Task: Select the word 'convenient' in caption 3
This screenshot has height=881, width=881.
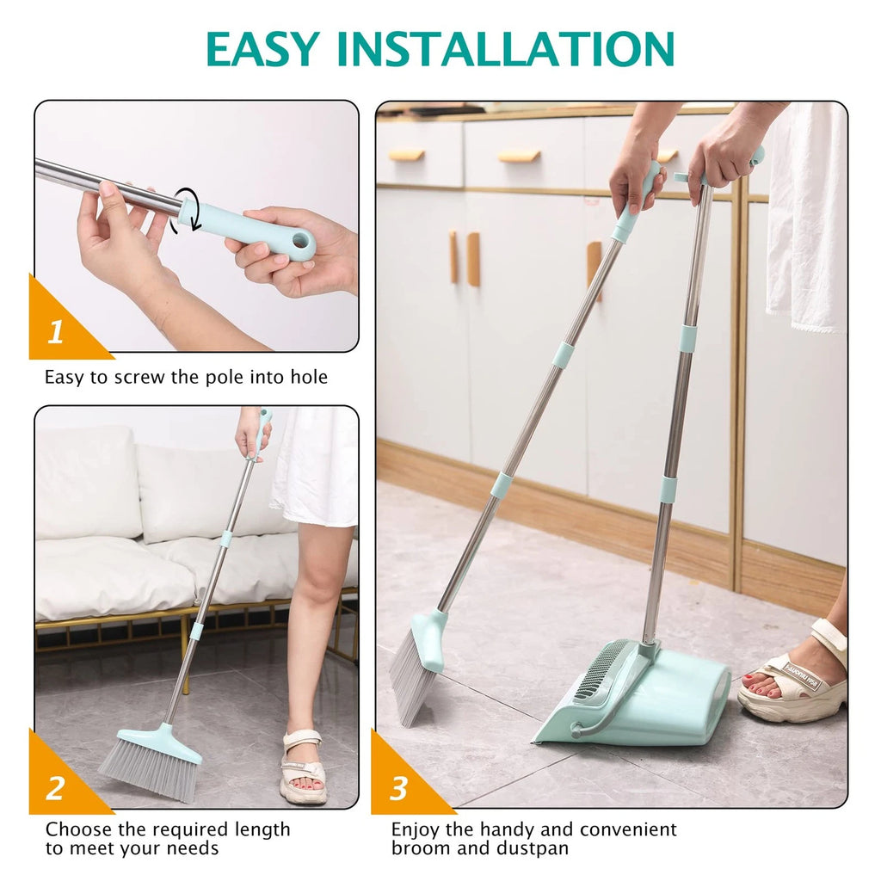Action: coord(628,829)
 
